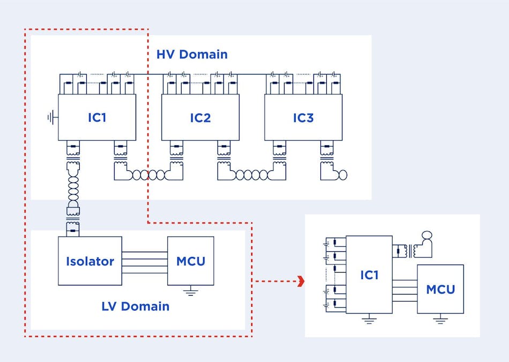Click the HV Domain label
(192, 55)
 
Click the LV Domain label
(135, 306)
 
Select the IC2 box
(200, 117)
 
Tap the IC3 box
(303, 117)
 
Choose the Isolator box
(90, 261)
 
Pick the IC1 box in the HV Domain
(97, 117)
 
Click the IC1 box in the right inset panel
(369, 274)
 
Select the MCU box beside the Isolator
(190, 261)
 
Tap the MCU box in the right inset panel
(440, 289)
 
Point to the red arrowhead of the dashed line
(301, 281)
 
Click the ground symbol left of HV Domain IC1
(51, 117)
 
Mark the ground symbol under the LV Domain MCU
(191, 292)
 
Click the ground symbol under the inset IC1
(369, 320)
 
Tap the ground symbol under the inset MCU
(440, 320)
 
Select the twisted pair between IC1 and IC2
(148, 175)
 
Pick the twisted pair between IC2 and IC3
(251, 175)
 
